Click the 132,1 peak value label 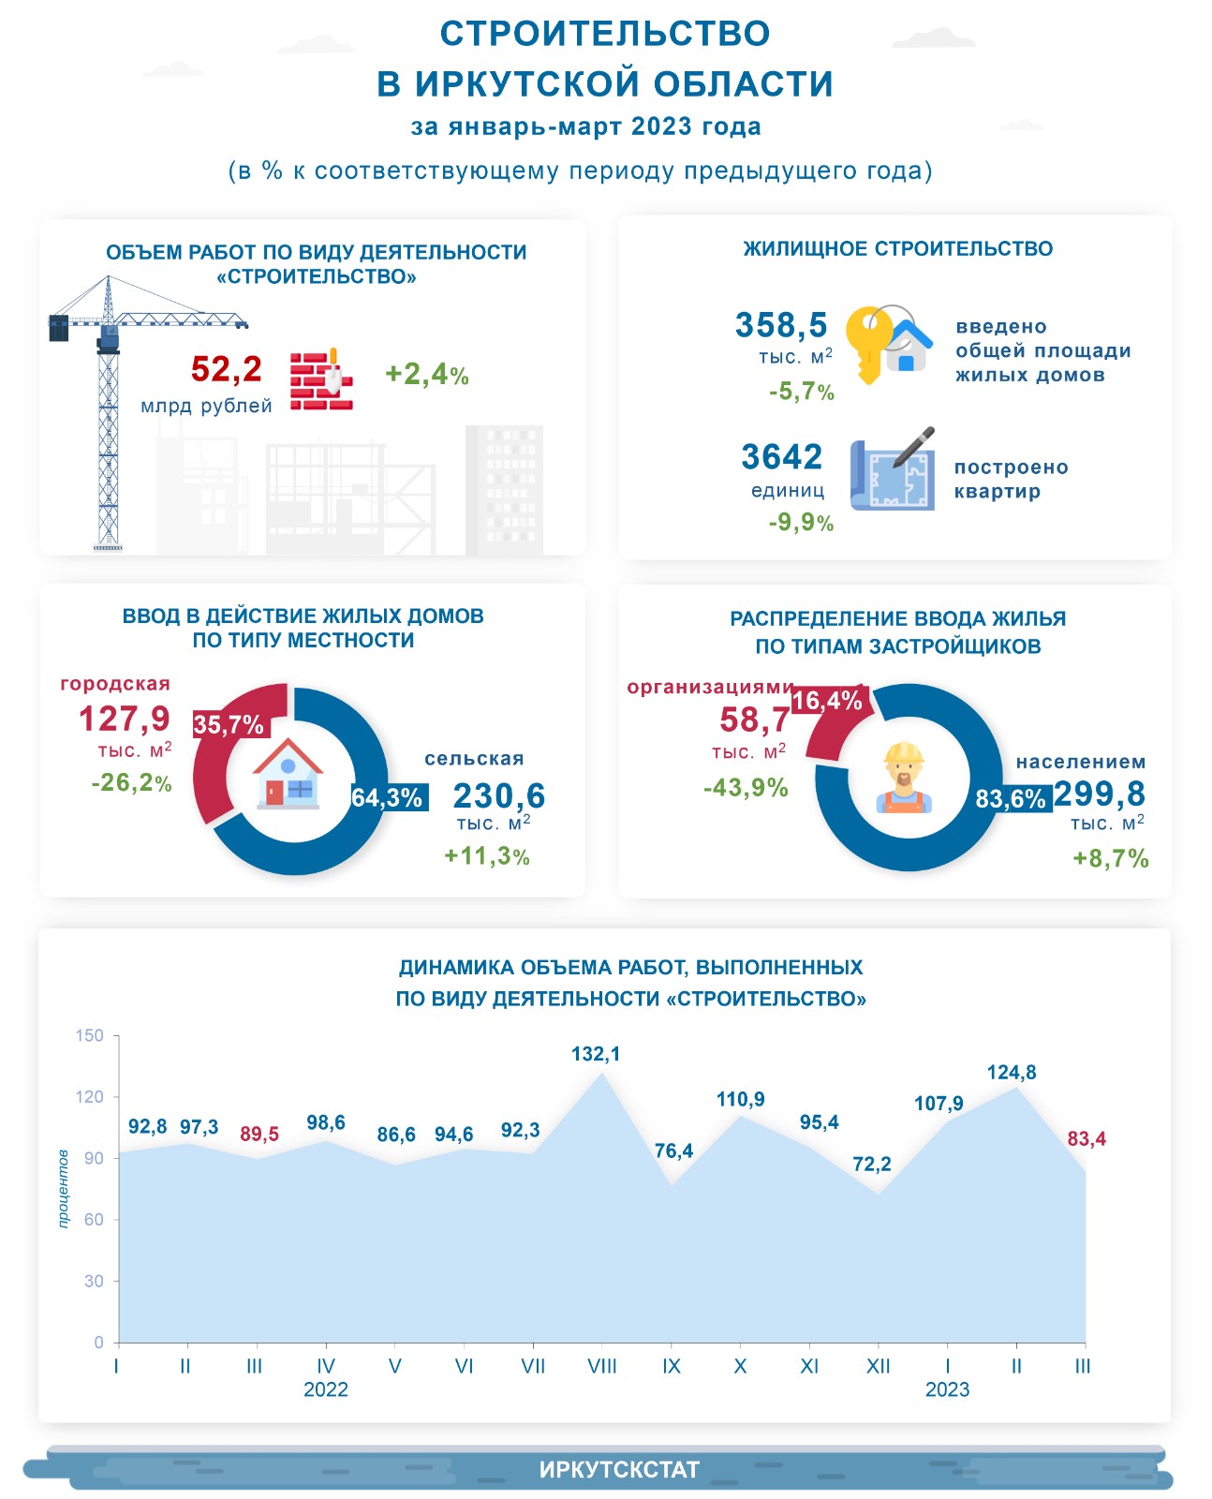tap(596, 1054)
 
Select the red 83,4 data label tap(1086, 1139)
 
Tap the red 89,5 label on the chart tap(259, 1135)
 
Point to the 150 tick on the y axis tap(90, 1035)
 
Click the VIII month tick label tap(602, 1366)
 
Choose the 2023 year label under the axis tap(947, 1389)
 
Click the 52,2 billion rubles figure tap(227, 369)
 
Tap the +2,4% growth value tap(426, 374)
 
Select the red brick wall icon tap(321, 380)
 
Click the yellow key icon tap(869, 343)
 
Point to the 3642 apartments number tap(782, 457)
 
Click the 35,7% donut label tap(229, 725)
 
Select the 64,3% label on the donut tap(387, 797)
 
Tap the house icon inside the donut tap(289, 775)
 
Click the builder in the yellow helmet tap(904, 778)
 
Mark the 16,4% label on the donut tap(827, 701)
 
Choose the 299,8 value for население tap(1100, 794)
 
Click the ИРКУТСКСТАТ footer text tap(619, 1469)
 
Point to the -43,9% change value tap(746, 788)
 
